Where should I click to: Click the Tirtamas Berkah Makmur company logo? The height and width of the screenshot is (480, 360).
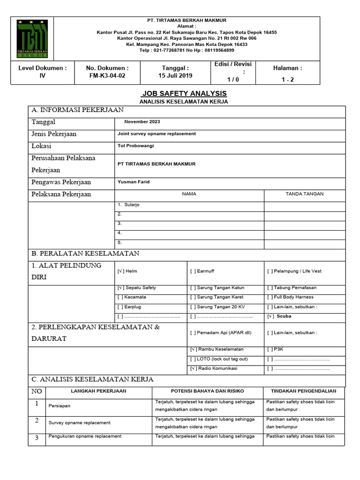tap(32, 38)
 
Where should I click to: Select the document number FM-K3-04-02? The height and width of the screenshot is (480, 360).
tap(107, 75)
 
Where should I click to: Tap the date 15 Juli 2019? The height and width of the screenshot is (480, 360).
tap(175, 75)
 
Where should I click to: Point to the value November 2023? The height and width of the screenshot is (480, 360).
tap(142, 122)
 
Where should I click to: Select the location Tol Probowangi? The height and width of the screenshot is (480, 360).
tap(135, 146)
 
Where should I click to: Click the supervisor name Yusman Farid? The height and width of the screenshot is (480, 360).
tap(134, 182)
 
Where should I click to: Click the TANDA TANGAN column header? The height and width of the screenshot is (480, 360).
tap(305, 194)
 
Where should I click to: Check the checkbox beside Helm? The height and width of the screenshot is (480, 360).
tap(120, 271)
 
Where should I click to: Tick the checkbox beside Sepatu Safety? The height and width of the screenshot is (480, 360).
tap(120, 288)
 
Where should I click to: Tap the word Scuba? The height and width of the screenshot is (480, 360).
tap(284, 316)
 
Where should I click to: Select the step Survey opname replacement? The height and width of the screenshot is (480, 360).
tap(80, 423)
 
